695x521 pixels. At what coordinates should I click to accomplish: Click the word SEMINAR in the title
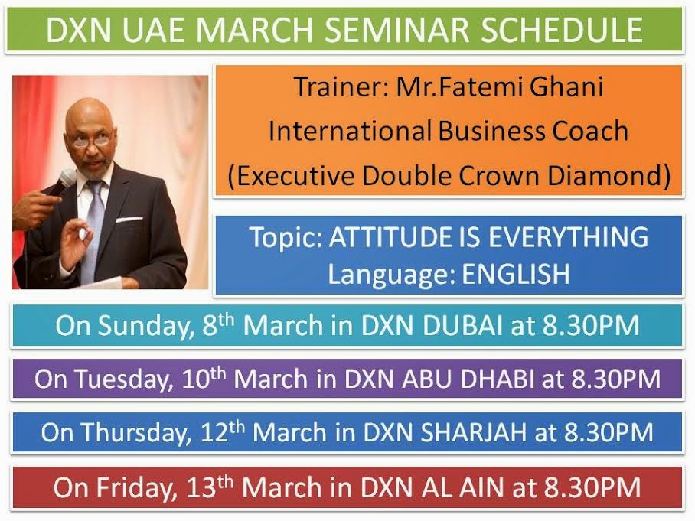[x=396, y=30]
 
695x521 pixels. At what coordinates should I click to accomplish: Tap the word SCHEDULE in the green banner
[x=562, y=30]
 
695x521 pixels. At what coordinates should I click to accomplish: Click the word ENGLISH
[x=516, y=273]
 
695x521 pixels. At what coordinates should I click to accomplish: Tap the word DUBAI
[x=462, y=326]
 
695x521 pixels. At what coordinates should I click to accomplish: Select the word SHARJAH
[x=473, y=432]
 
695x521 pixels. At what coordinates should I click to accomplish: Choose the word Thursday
[x=137, y=432]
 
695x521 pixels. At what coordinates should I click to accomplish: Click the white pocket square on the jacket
[x=129, y=220]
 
